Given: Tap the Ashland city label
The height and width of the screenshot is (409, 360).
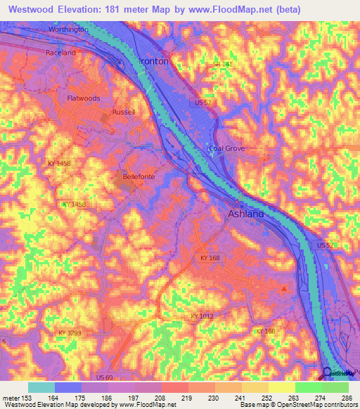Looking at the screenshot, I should coord(245,214).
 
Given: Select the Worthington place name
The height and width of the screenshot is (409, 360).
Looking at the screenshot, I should coord(69,30).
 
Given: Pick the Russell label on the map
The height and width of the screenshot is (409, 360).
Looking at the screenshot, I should coord(122,112).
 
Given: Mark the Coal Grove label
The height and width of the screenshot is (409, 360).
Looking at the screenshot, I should coord(226,148).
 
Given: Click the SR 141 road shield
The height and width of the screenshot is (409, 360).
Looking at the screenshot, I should coord(221,65).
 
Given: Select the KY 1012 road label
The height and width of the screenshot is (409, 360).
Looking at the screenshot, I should coord(202,317).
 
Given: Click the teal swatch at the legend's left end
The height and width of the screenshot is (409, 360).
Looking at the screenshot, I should coord(41,387).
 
